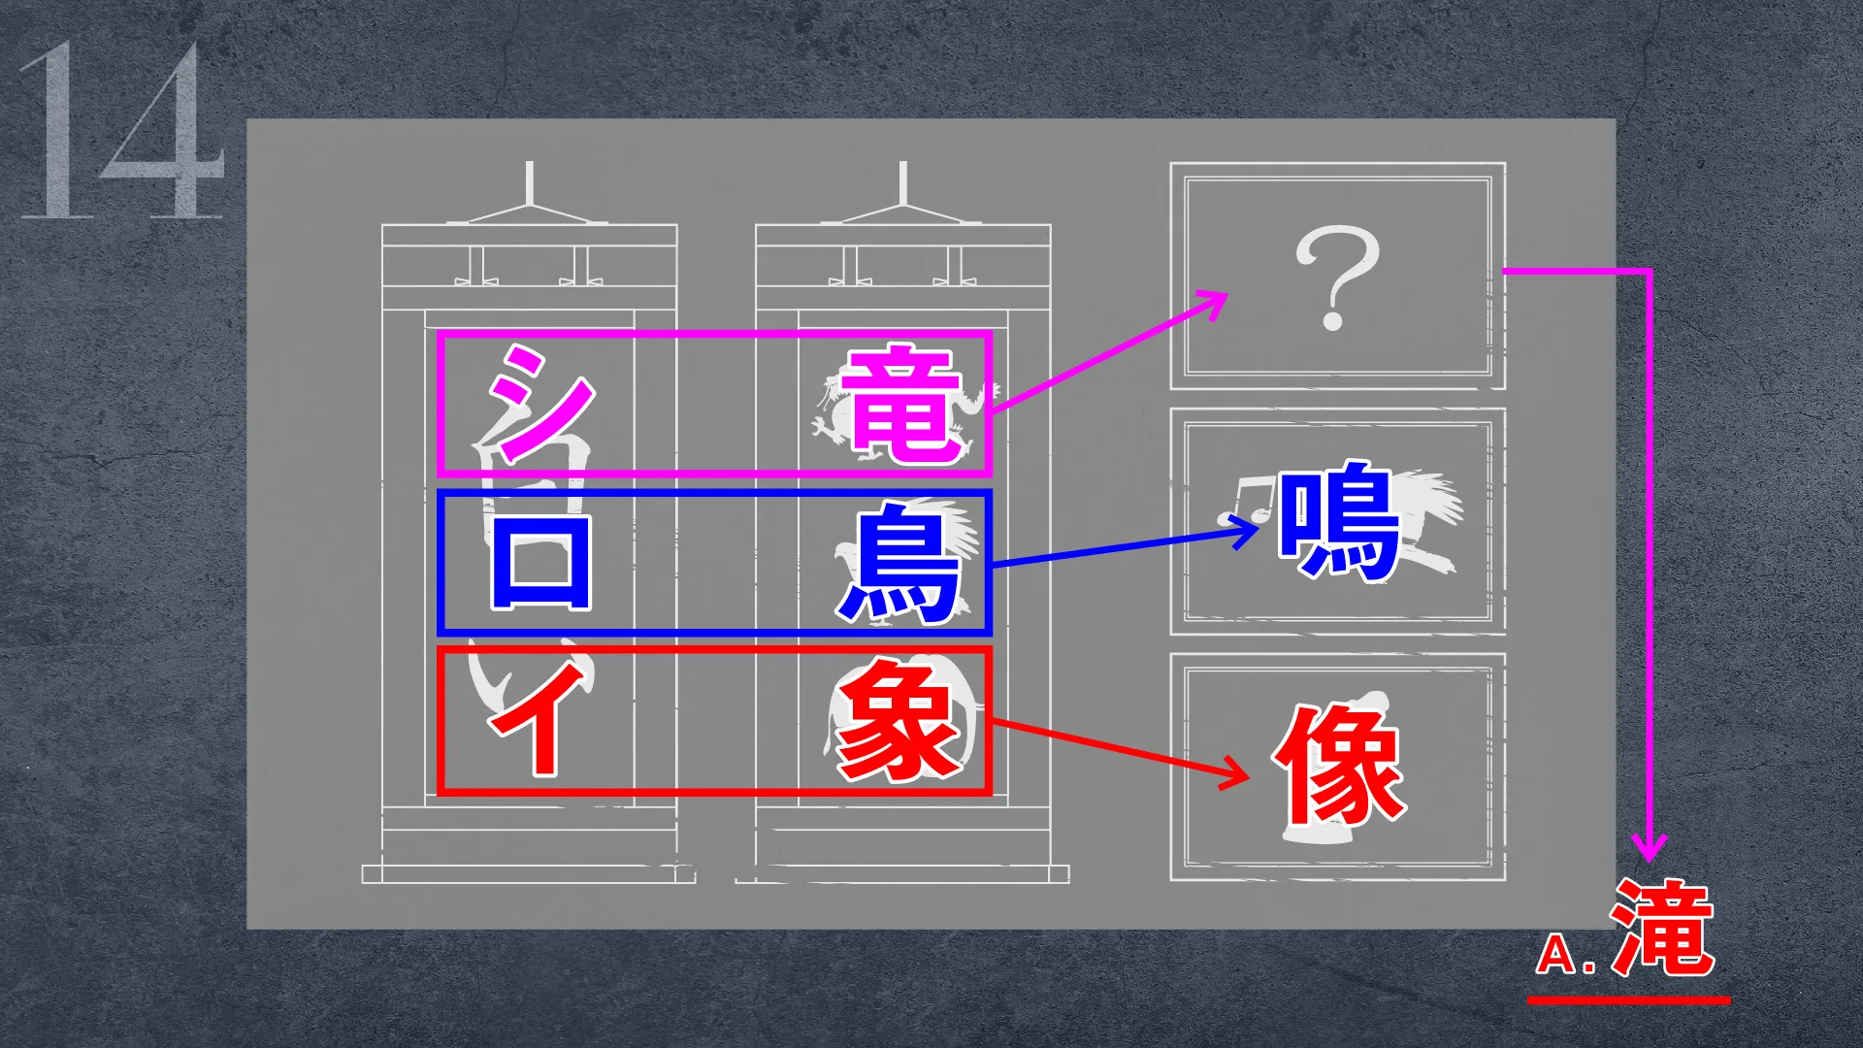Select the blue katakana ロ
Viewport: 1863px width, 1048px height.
[540, 562]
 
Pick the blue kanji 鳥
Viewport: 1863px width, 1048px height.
[899, 563]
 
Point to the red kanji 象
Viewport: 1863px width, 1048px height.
[899, 721]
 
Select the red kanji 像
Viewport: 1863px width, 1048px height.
[1340, 764]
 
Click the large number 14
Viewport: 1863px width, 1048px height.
[120, 130]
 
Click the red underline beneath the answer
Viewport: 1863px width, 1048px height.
[1628, 999]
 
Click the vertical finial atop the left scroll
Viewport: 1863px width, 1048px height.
[529, 183]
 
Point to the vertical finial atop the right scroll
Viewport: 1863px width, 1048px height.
[903, 183]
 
